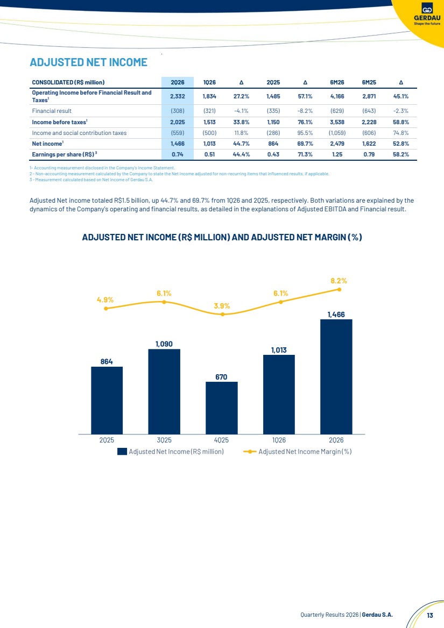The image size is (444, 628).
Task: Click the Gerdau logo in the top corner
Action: [427, 14]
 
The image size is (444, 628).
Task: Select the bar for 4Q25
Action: [222, 408]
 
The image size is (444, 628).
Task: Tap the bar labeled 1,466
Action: [336, 376]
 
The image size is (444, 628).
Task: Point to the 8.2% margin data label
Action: [339, 281]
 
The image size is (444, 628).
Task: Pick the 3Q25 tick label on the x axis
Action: [164, 440]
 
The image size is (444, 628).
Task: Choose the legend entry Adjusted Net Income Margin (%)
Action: [298, 452]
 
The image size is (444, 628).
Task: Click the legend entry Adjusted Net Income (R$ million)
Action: [171, 452]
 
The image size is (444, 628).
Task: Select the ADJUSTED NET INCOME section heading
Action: [89, 62]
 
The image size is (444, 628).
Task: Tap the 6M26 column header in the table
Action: [337, 82]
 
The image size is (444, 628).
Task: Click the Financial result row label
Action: [52, 111]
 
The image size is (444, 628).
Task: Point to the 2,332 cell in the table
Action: [178, 97]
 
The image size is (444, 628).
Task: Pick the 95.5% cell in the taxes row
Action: [305, 133]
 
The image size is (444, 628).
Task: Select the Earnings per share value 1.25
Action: [337, 154]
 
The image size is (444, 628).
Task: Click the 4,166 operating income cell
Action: [337, 97]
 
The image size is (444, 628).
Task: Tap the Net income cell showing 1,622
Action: [369, 144]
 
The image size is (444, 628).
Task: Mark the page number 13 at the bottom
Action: [430, 615]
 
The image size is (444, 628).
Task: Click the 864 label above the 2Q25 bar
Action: [107, 362]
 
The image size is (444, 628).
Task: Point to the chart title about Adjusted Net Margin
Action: [222, 237]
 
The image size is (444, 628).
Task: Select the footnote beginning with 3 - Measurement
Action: [91, 180]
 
